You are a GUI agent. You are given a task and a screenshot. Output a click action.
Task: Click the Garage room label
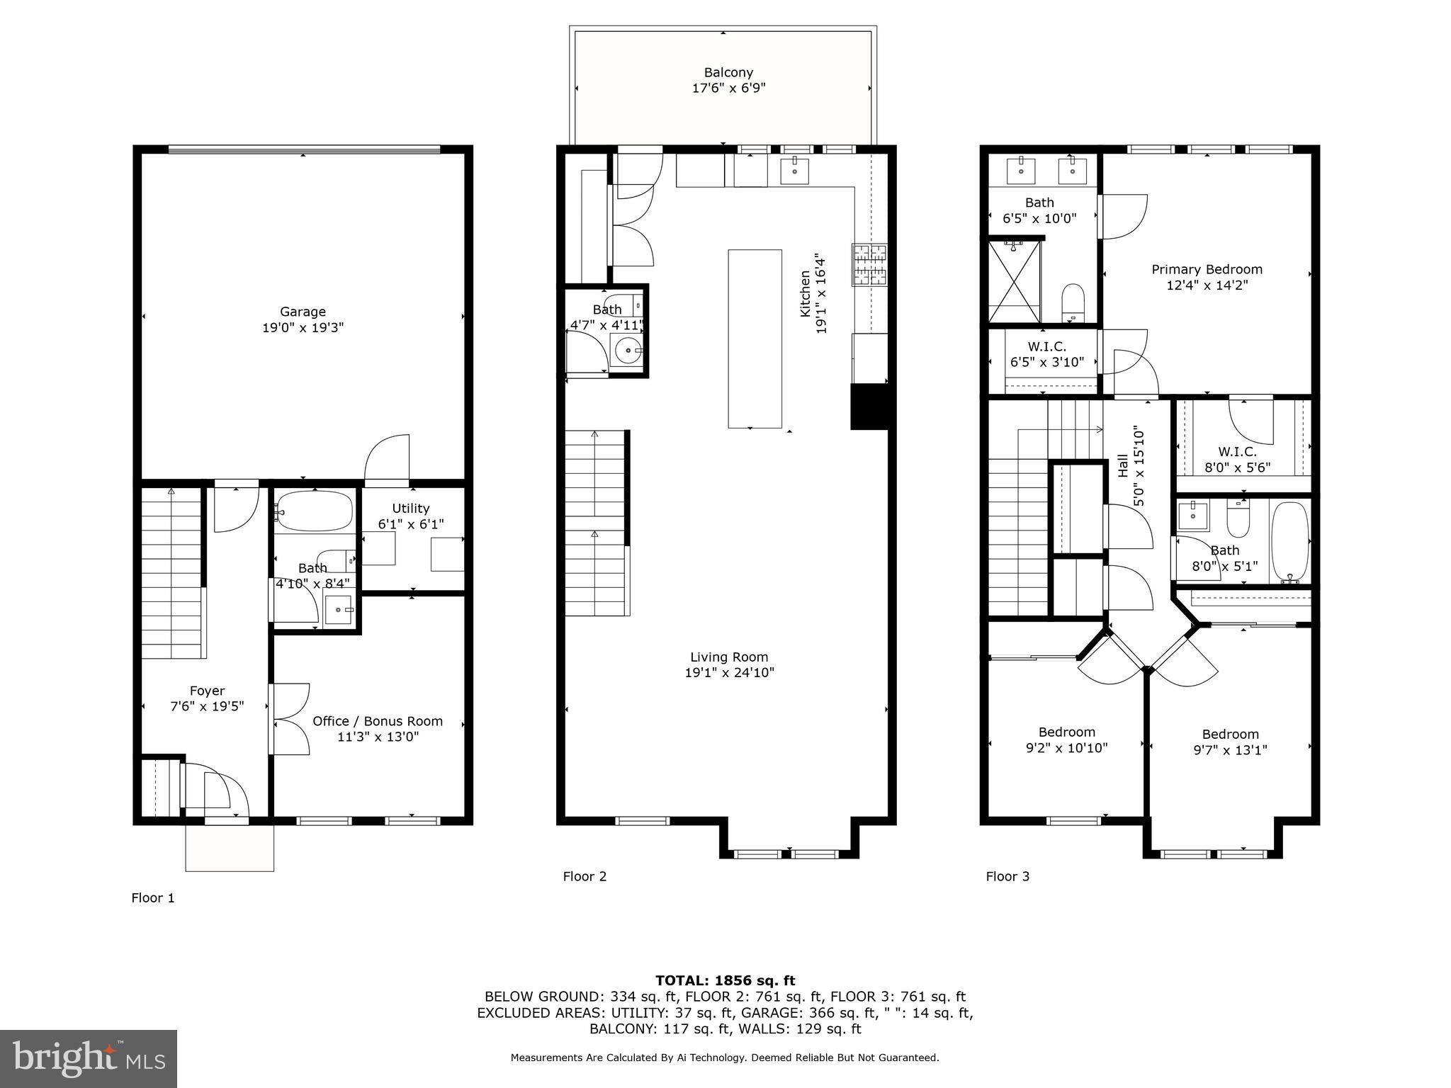pyautogui.click(x=303, y=312)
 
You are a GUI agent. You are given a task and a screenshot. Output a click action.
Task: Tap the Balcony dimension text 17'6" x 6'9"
pyautogui.click(x=728, y=89)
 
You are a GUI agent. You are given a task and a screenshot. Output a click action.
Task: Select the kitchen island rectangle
pyautogui.click(x=755, y=339)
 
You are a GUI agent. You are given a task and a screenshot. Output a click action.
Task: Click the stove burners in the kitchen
pyautogui.click(x=869, y=263)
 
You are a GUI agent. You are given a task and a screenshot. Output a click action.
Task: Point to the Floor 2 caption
pyautogui.click(x=585, y=876)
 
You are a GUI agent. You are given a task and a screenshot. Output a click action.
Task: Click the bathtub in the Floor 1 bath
pyautogui.click(x=314, y=511)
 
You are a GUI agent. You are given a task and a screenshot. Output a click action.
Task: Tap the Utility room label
pyautogui.click(x=411, y=508)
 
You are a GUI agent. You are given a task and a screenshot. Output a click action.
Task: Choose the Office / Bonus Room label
pyautogui.click(x=378, y=721)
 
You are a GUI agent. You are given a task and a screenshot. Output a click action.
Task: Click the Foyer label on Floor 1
pyautogui.click(x=207, y=691)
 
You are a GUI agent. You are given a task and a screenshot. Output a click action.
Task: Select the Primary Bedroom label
pyautogui.click(x=1207, y=269)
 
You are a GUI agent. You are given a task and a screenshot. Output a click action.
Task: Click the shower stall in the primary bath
pyautogui.click(x=1015, y=282)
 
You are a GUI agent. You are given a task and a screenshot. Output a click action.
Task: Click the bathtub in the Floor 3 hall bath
pyautogui.click(x=1289, y=542)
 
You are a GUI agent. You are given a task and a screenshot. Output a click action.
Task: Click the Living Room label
pyautogui.click(x=729, y=657)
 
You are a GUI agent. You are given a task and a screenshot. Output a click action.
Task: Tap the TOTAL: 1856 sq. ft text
pyautogui.click(x=725, y=980)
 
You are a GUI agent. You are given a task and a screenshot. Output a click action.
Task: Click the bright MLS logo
pyautogui.click(x=89, y=1058)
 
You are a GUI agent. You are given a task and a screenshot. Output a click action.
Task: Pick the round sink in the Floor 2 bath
pyautogui.click(x=627, y=350)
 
